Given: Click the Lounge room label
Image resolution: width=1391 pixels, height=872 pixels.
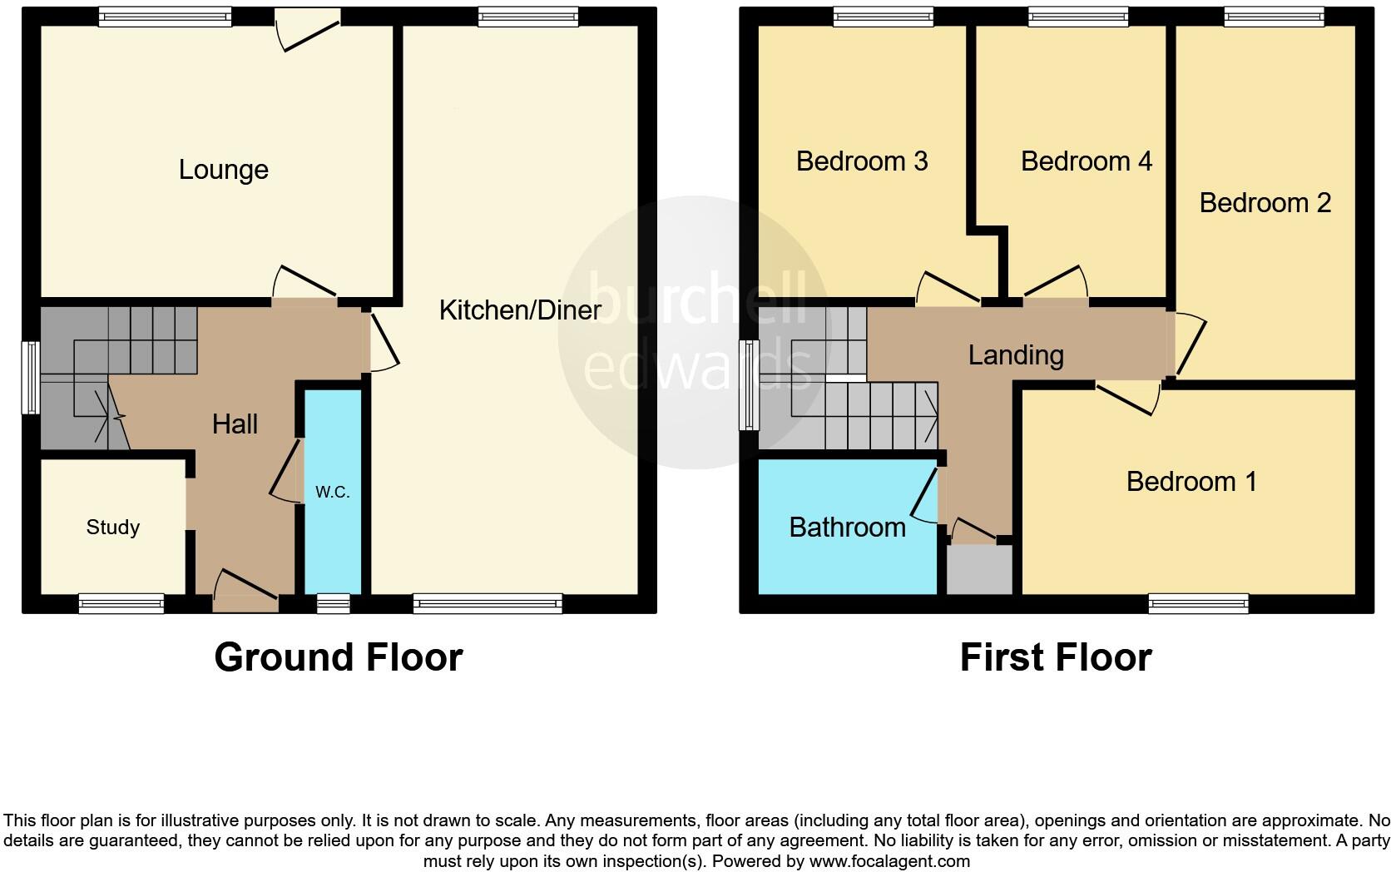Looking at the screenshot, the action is [x=223, y=170].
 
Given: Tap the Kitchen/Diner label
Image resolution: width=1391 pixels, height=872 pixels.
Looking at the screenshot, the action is [x=520, y=310].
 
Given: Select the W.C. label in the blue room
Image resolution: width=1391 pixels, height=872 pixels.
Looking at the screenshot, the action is [x=332, y=492].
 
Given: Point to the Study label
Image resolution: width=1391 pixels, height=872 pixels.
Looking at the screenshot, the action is [x=113, y=527].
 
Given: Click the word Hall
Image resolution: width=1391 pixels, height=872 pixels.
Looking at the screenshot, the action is [x=235, y=424].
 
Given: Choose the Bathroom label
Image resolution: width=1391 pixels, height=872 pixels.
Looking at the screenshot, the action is [x=847, y=527].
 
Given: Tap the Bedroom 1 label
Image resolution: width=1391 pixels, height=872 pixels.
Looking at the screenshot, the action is [x=1191, y=481].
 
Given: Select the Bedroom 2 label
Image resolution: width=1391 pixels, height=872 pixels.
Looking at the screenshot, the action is [x=1265, y=202].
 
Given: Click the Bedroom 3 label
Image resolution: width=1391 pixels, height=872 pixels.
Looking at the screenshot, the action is [x=861, y=161].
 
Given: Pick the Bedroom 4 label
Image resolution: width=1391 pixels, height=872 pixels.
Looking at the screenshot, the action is [x=1086, y=161].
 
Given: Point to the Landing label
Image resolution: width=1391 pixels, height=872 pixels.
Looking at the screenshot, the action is [x=1016, y=355].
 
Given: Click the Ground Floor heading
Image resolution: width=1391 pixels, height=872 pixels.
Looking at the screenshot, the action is [x=338, y=657].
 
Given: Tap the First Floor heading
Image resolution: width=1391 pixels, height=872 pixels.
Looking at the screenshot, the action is [x=1055, y=657].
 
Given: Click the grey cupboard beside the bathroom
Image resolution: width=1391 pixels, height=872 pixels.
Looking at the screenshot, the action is [x=980, y=569].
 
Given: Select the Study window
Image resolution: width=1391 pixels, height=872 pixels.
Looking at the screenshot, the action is [x=121, y=604].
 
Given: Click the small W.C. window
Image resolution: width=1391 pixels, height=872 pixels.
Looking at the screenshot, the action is [x=333, y=604].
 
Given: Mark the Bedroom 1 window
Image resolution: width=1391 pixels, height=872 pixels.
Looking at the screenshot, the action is [x=1198, y=604].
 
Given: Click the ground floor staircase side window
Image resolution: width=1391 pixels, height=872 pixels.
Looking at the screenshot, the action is [x=30, y=377].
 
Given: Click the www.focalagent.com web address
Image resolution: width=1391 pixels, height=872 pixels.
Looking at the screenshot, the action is [x=889, y=861].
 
